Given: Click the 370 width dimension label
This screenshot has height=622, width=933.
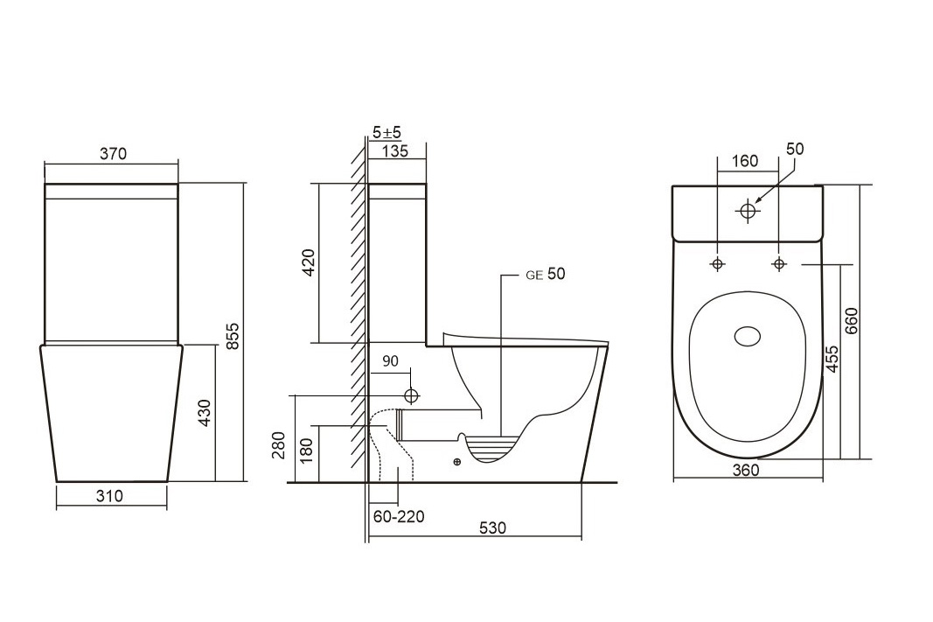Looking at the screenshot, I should (x=113, y=154).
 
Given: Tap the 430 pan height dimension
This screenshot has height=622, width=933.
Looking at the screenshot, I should (x=205, y=413).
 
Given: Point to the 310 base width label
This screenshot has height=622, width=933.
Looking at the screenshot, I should (x=111, y=496).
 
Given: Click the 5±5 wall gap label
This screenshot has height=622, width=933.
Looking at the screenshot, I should (x=386, y=132).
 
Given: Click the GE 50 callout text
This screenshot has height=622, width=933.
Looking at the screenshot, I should (x=546, y=274).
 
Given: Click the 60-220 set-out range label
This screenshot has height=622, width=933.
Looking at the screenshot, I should (x=399, y=517).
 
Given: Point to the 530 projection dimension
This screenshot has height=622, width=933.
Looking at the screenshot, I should (x=491, y=528).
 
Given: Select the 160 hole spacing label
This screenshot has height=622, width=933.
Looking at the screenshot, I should (x=744, y=161).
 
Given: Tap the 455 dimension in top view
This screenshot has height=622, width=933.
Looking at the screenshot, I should (x=832, y=359).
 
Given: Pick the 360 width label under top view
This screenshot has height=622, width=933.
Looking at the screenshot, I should (x=746, y=470).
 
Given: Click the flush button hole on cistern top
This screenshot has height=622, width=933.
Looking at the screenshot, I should (x=748, y=210).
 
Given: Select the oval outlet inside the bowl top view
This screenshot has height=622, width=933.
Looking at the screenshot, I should (x=748, y=337).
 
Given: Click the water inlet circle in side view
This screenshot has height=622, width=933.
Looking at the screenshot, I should (x=411, y=395).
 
